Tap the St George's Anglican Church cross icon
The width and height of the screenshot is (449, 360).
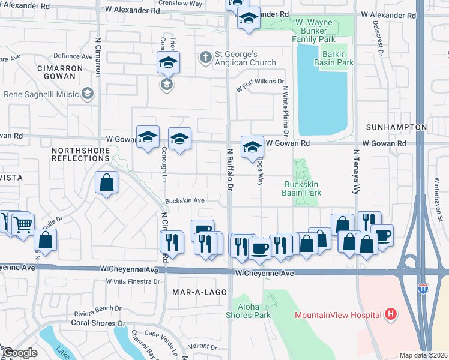coord(205,57)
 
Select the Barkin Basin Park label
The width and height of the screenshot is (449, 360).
coord(337,58)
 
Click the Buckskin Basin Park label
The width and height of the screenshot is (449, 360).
coord(302,188)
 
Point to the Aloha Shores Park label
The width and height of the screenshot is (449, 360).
coord(248,310)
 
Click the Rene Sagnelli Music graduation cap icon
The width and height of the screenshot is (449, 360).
coord(88,94)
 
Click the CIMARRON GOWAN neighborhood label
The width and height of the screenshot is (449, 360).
coord(59,73)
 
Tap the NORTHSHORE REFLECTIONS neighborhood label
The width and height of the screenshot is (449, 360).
coord(80,154)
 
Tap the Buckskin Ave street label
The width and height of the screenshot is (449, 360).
coord(185,200)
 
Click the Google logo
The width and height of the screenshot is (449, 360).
coord(19,352)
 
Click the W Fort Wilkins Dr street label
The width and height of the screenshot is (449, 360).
coord(259,85)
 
